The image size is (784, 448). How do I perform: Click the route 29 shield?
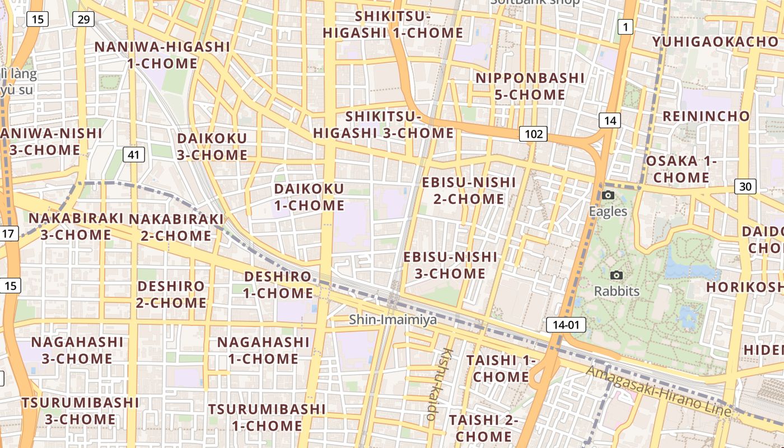[83, 20]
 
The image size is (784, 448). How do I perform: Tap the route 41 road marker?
[133, 155]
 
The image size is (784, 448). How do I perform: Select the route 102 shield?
[533, 134]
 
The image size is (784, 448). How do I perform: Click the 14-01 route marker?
[566, 325]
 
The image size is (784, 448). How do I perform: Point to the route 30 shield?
[745, 186]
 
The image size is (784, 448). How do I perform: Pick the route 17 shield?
[9, 234]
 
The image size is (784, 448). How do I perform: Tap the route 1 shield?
[625, 26]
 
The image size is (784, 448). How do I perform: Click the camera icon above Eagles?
[608, 195]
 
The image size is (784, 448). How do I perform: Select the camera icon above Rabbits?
[617, 275]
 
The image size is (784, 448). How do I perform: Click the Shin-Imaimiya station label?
[393, 319]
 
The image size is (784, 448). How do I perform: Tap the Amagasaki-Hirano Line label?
[659, 391]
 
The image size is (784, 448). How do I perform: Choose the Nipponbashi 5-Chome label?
[530, 86]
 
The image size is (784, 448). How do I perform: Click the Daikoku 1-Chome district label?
[309, 197]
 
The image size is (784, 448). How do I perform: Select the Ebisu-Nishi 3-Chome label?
[450, 265]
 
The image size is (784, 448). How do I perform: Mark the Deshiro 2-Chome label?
[171, 295]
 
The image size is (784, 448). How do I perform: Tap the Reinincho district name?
[706, 116]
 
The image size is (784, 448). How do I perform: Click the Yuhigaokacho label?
[715, 42]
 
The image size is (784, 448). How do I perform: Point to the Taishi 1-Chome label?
[501, 368]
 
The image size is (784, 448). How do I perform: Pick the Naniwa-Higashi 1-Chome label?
[162, 55]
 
